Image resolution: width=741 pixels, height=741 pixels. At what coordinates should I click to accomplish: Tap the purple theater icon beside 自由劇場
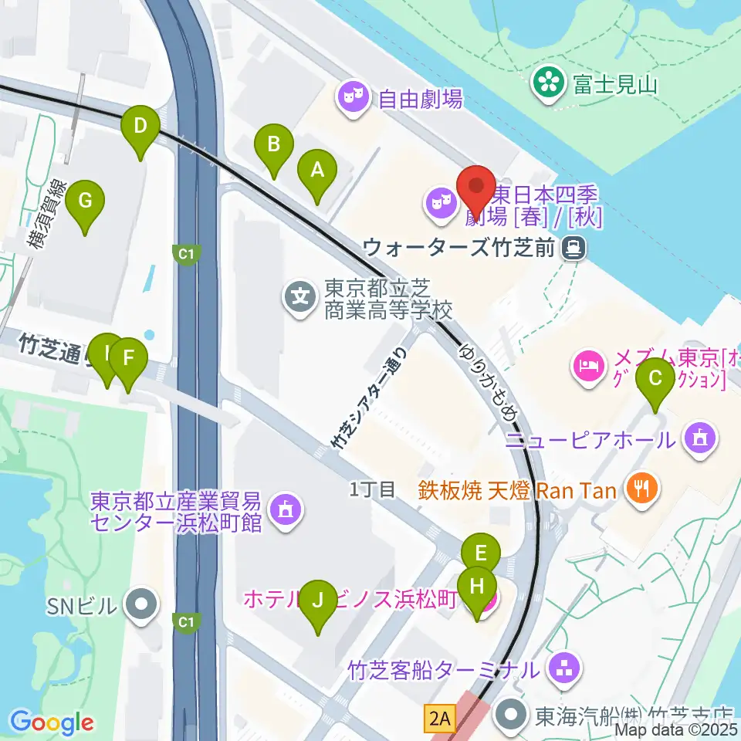click(354, 98)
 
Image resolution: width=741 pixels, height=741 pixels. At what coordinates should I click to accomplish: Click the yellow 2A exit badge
click(438, 719)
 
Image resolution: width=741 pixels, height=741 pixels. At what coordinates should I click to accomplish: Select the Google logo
click(51, 722)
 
